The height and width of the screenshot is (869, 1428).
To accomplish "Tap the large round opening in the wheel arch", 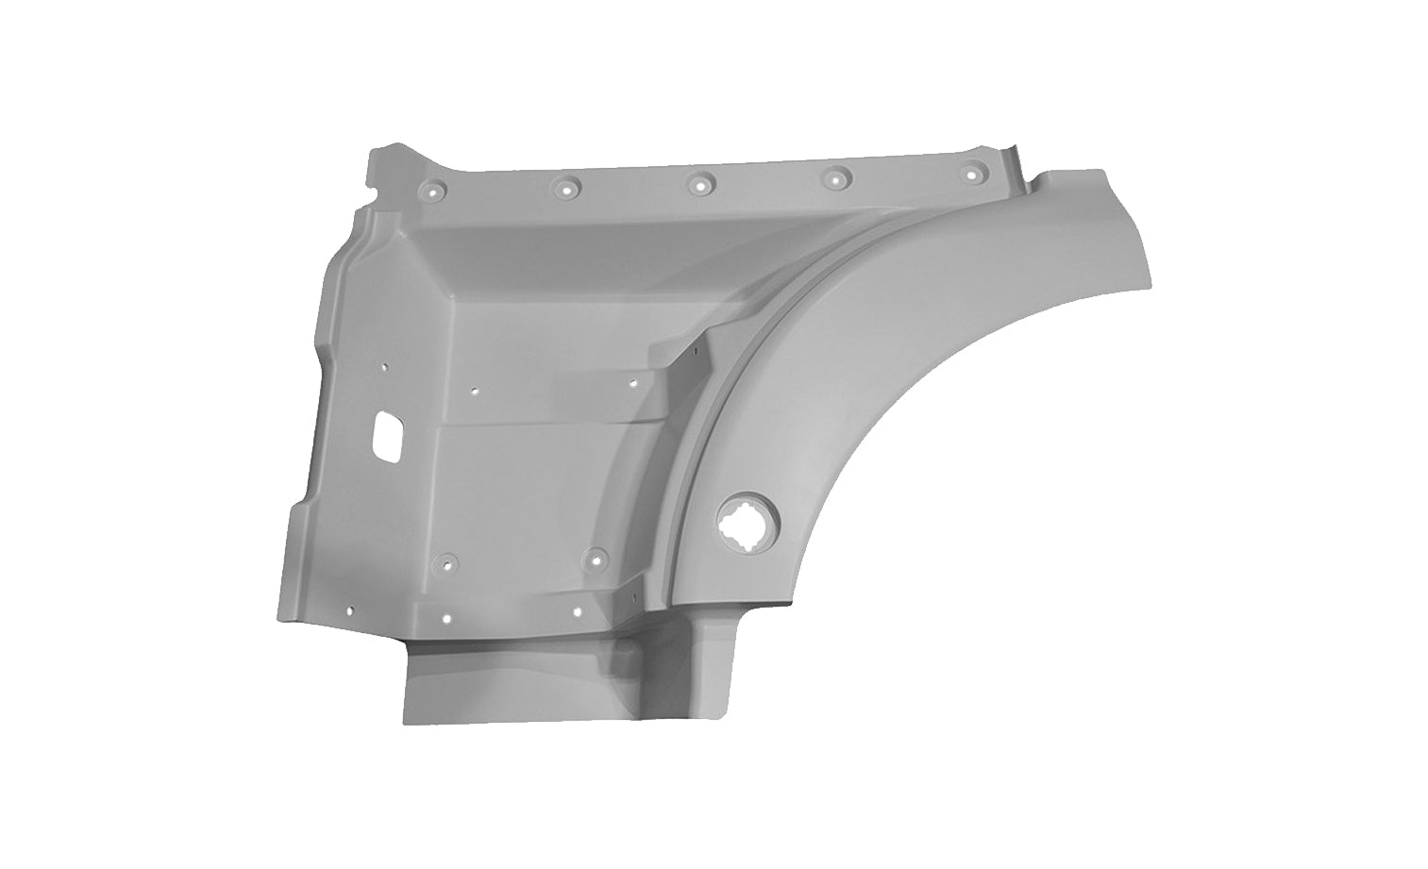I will (x=742, y=521).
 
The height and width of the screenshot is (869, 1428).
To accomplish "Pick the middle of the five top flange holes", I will (x=699, y=183).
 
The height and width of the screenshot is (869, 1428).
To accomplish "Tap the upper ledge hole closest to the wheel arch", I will (x=632, y=382).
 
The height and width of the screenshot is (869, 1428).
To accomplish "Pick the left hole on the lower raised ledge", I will (x=447, y=620).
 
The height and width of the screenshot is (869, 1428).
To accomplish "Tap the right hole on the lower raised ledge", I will (x=575, y=610).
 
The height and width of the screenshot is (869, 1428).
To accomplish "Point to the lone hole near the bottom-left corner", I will (x=349, y=610).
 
